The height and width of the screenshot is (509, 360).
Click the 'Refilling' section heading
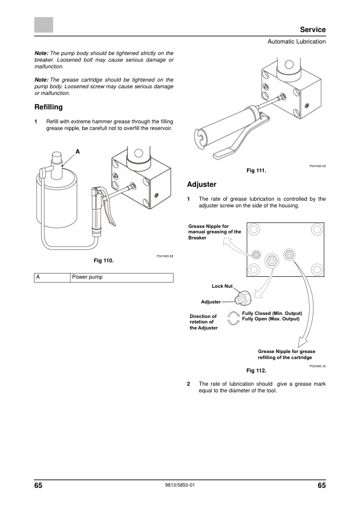coord(48,107)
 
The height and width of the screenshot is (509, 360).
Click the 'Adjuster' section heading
coord(201,184)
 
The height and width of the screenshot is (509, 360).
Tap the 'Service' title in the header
coord(313,30)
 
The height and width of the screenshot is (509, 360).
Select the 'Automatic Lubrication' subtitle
coord(296,42)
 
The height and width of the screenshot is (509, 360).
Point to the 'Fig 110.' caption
coord(103,261)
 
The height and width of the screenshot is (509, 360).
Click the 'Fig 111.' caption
coord(256,170)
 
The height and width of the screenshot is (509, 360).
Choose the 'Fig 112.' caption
coord(256,371)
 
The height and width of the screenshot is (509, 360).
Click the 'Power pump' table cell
coord(87,277)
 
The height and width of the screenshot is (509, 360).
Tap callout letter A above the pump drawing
coord(77,152)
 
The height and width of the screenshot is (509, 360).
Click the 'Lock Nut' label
coord(222,286)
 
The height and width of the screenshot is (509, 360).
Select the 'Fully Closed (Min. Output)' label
coord(272,313)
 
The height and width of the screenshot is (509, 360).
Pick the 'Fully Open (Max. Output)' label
coord(271,319)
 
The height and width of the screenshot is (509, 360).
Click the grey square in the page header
coord(44,25)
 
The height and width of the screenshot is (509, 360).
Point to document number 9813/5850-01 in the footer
coord(180,485)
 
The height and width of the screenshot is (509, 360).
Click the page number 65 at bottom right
coord(322,485)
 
